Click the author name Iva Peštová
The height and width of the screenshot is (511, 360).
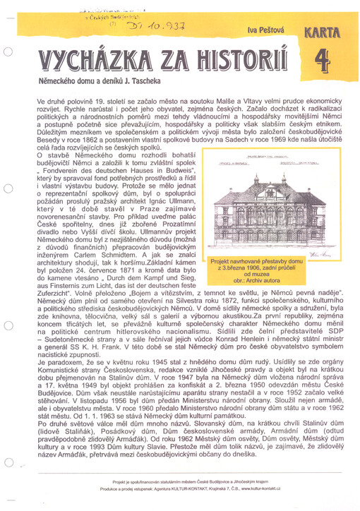263,30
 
